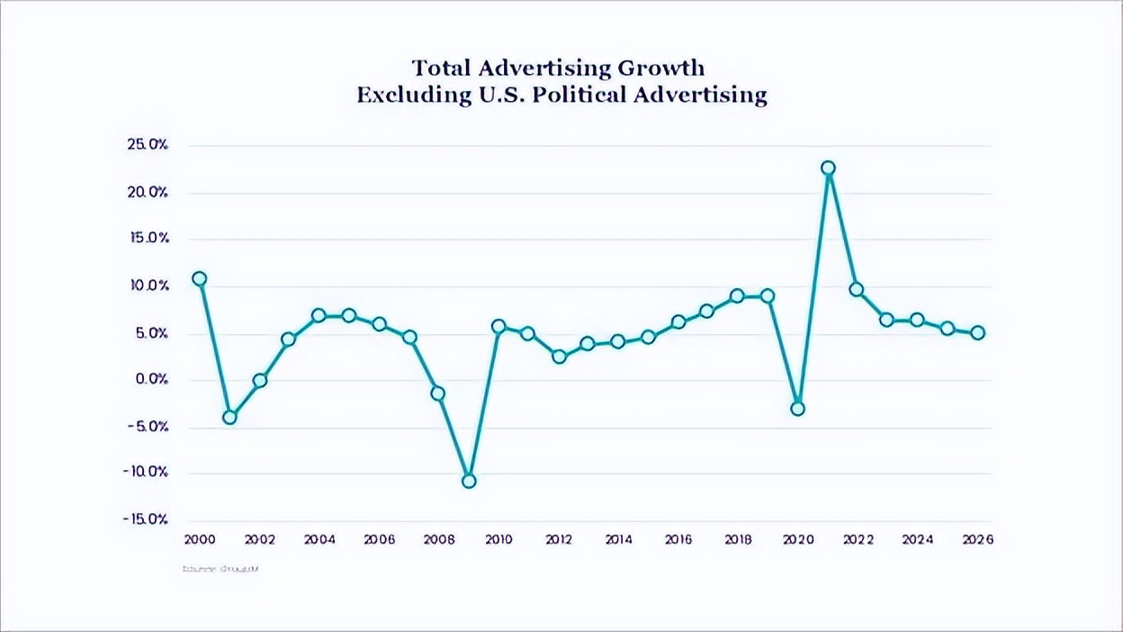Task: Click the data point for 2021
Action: (x=828, y=168)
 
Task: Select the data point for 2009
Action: (x=468, y=481)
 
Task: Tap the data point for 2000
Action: (x=199, y=279)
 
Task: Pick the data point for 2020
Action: (x=797, y=409)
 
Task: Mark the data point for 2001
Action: (x=229, y=417)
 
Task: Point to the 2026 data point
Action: (x=977, y=332)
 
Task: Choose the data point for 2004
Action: (x=319, y=316)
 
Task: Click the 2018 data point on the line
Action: (x=737, y=296)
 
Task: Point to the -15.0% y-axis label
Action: (x=147, y=519)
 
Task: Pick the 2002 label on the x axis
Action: (x=259, y=539)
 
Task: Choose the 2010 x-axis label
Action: (x=498, y=539)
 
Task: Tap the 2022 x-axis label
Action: (x=858, y=539)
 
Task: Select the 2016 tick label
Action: (x=678, y=539)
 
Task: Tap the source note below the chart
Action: (x=220, y=569)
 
